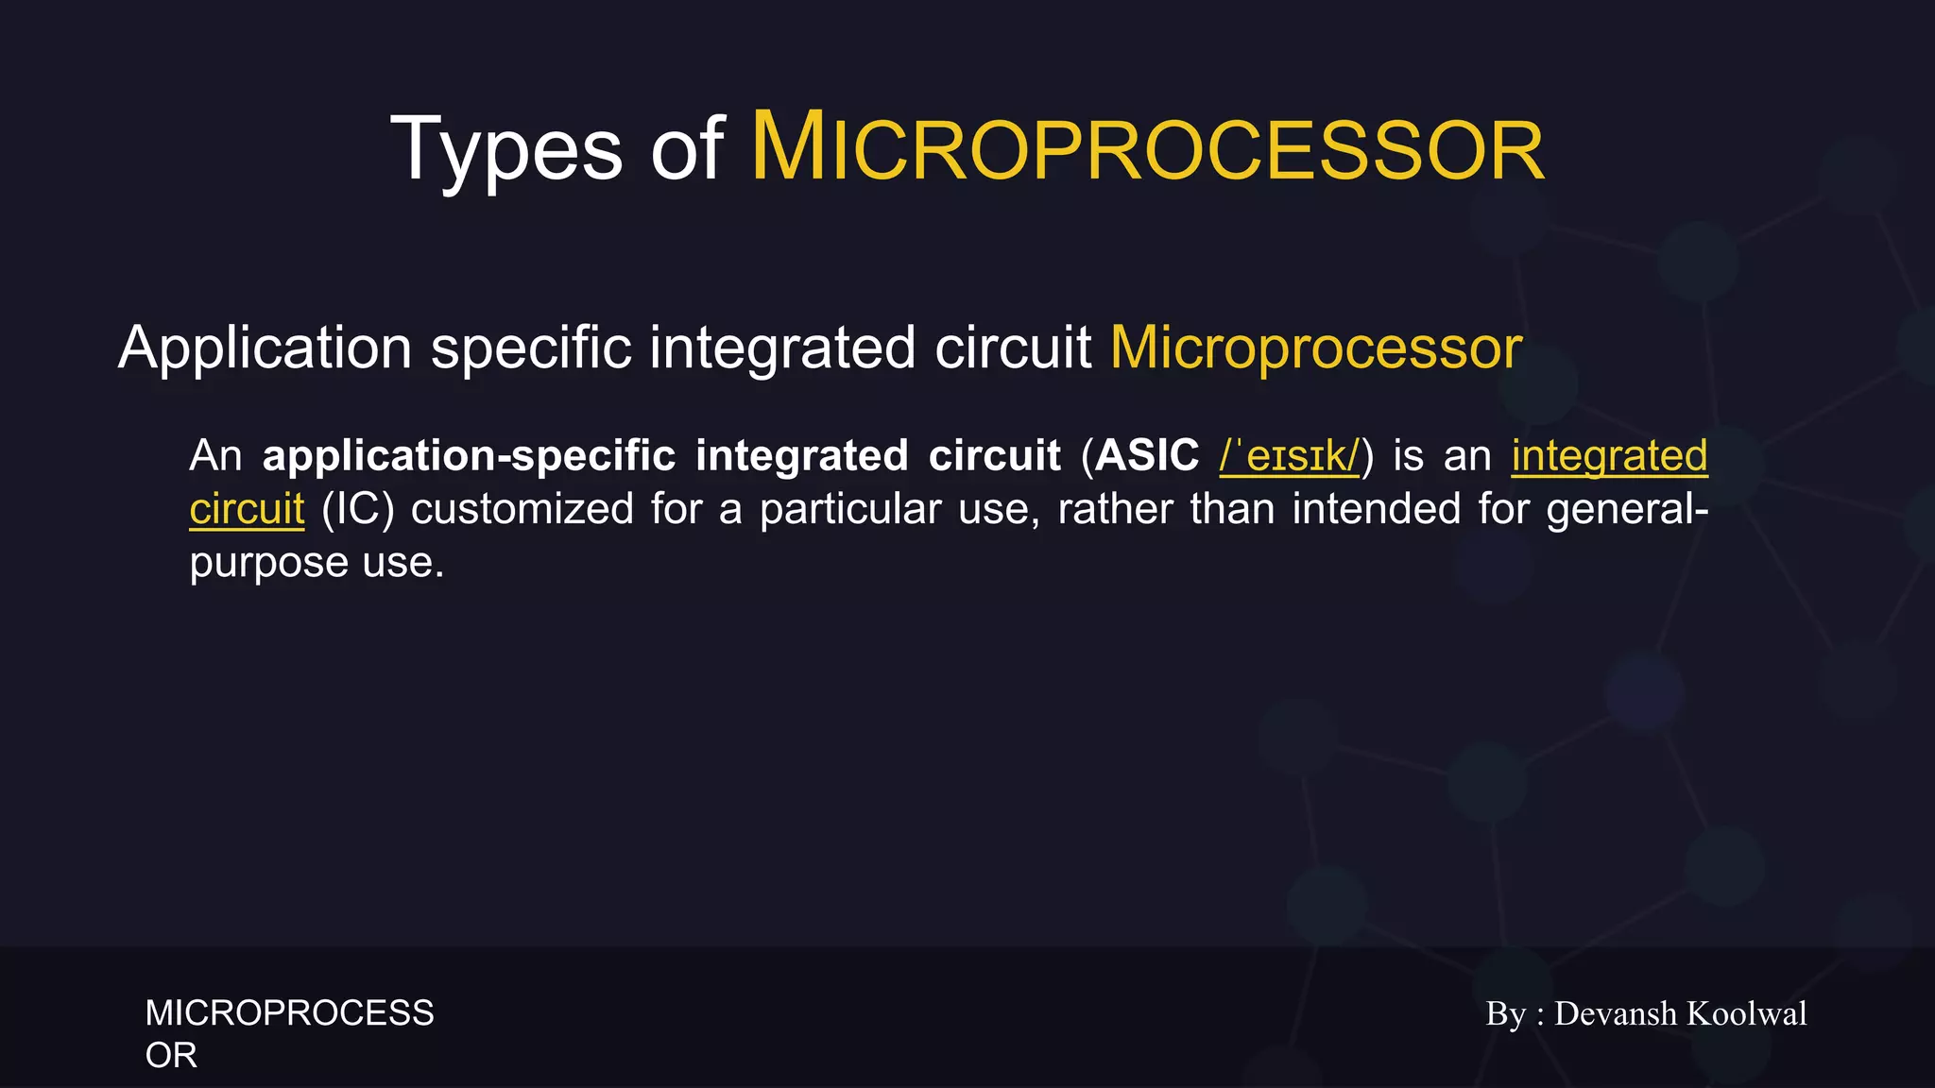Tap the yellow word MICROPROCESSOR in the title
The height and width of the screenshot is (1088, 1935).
click(1147, 149)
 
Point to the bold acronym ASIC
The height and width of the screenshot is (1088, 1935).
click(1147, 456)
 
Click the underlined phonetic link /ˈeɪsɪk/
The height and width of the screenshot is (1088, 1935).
click(1289, 456)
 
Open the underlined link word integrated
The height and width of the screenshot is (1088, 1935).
click(1609, 456)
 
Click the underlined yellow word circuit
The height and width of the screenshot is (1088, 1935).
click(247, 510)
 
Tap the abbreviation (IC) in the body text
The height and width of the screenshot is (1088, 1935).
click(357, 510)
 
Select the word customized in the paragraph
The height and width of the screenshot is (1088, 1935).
click(522, 510)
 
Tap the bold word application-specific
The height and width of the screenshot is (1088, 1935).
click(469, 456)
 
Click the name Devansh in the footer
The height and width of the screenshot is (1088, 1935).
click(1615, 1013)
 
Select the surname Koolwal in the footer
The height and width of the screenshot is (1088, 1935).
click(1746, 1013)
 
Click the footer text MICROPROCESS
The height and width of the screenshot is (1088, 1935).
click(289, 1013)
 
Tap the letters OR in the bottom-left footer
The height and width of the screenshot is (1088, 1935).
click(171, 1056)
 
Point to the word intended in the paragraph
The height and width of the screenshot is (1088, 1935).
click(1376, 510)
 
